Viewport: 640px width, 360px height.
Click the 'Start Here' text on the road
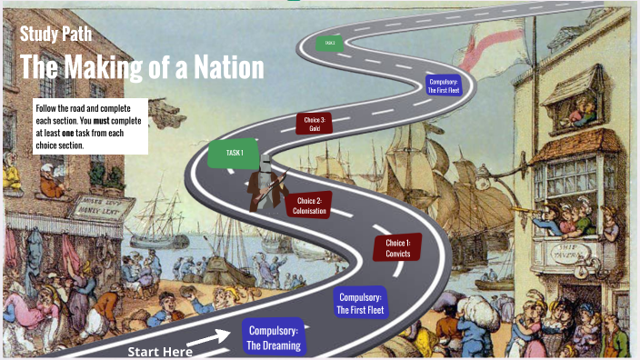click(x=160, y=351)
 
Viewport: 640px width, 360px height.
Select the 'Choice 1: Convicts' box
click(x=397, y=248)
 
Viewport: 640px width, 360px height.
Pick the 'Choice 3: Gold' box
click(x=315, y=124)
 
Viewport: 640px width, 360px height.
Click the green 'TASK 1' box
click(x=234, y=153)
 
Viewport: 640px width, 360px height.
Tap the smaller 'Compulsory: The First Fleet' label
click(x=444, y=85)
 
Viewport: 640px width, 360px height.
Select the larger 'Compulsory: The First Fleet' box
click(x=361, y=303)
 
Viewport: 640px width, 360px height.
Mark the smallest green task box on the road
click(x=329, y=42)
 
